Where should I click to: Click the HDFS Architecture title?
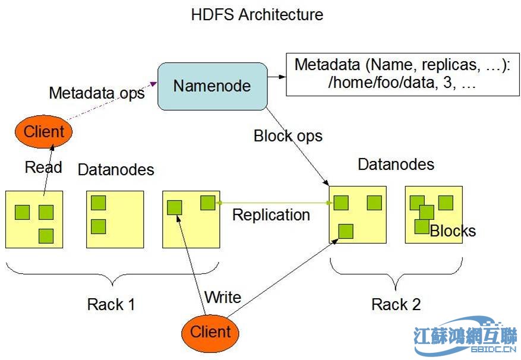pyautogui.click(x=257, y=15)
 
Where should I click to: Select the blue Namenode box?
pyautogui.click(x=212, y=86)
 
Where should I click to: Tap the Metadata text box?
pyautogui.click(x=399, y=74)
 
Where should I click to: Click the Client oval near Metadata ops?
pyautogui.click(x=43, y=131)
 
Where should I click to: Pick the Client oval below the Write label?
pyautogui.click(x=210, y=331)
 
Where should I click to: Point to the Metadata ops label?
pyautogui.click(x=96, y=93)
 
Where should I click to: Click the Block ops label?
pyautogui.click(x=288, y=136)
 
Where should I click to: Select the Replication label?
pyautogui.click(x=271, y=215)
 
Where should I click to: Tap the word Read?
pyautogui.click(x=43, y=168)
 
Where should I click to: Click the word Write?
pyautogui.click(x=222, y=297)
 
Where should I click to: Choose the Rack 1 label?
pyautogui.click(x=111, y=305)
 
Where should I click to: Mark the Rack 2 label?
pyautogui.click(x=396, y=305)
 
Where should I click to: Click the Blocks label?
pyautogui.click(x=453, y=230)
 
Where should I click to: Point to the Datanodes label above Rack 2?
pyautogui.click(x=396, y=164)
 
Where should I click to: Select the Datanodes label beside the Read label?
pyautogui.click(x=116, y=170)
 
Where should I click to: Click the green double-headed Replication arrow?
pyautogui.click(x=273, y=203)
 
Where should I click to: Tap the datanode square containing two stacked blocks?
pyautogui.click(x=115, y=219)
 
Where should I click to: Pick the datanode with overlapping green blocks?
pyautogui.click(x=433, y=214)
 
